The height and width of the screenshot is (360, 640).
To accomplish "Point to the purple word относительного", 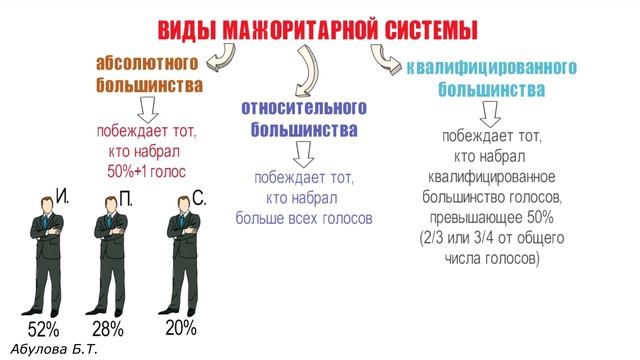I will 304,107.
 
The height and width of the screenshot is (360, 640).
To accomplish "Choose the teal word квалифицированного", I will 493,69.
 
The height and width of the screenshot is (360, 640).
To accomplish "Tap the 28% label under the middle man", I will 108,329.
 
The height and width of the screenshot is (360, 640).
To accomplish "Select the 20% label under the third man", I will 180,327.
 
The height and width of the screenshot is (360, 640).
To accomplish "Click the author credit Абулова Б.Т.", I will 54,349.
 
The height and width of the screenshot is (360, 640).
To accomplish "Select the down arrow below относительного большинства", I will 304,153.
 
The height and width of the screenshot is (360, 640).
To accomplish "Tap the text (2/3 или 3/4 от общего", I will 491,238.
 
